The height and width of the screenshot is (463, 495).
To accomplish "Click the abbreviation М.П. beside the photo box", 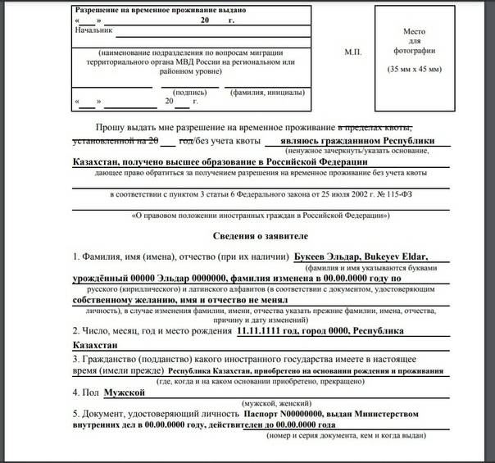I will pos(353,52).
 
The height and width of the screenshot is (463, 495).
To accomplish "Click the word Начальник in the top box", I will pos(93,30).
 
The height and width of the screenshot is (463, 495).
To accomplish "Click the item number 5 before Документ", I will pos(76,414).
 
